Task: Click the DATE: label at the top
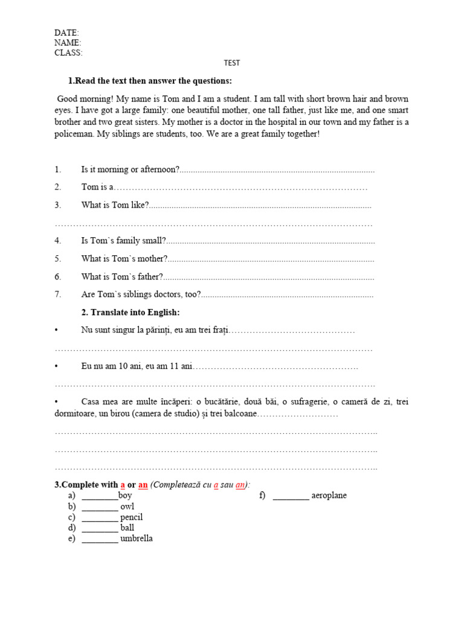[66, 33]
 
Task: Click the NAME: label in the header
[68, 43]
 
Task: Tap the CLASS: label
[68, 53]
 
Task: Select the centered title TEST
[231, 63]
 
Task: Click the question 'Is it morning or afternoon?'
[130, 170]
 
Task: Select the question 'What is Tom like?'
[115, 205]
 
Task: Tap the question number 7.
[58, 295]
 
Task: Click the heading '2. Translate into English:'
[130, 313]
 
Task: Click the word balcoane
[240, 413]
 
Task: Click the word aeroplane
[329, 495]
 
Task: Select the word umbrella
[137, 538]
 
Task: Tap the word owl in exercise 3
[127, 506]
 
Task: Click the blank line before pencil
[100, 518]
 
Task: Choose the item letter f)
[262, 495]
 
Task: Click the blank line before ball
[100, 528]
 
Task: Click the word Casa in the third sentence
[91, 401]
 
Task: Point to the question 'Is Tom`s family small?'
[123, 241]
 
